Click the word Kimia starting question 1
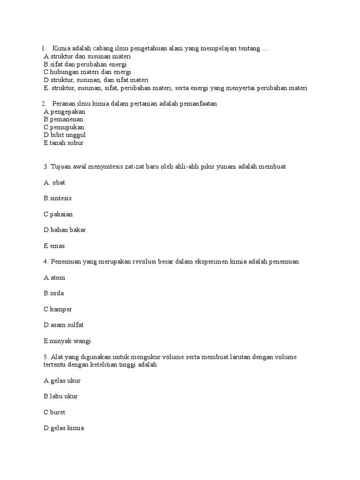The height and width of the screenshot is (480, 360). pos(61,49)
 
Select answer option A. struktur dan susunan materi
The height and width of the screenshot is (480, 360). pos(87,56)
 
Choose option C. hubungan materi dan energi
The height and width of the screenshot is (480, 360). pos(87,72)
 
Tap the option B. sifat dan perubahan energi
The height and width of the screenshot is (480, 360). pos(85,64)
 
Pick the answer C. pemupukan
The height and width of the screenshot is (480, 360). pos(64,127)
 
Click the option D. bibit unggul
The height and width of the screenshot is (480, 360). pos(65,135)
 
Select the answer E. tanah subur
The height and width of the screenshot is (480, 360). pos(64,143)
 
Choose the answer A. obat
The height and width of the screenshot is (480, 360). pos(54,183)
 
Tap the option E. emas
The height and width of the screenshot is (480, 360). pos(54,246)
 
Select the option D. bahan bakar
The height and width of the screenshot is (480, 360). pos(65,230)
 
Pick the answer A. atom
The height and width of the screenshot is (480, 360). pos(54,277)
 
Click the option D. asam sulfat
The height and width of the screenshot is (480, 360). pos(64,325)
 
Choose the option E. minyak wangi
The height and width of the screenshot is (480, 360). pos(67,341)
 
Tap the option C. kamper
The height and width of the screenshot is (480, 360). pos(58,309)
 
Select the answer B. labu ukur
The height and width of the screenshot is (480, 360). pos(61,397)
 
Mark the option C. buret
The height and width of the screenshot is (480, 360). pos(55,412)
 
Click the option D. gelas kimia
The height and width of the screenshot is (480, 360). pos(64,428)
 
